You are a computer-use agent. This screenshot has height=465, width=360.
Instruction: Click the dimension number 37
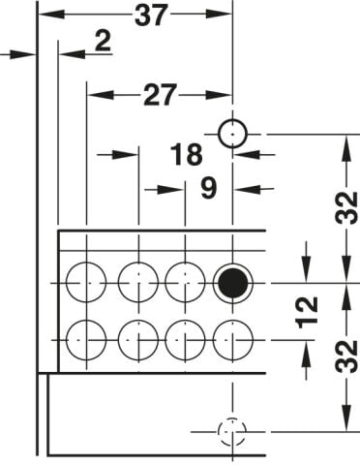(x=151, y=15)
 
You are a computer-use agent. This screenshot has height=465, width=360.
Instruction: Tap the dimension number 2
(x=104, y=41)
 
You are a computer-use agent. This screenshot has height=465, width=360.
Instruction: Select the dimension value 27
(x=160, y=95)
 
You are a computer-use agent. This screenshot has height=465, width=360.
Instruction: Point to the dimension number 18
(x=187, y=155)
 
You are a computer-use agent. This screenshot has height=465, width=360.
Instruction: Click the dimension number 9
(x=209, y=188)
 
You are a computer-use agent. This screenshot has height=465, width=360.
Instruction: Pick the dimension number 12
(x=307, y=312)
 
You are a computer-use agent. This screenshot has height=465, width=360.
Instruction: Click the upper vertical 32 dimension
(x=346, y=207)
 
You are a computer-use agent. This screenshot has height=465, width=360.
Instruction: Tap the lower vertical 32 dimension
(x=346, y=356)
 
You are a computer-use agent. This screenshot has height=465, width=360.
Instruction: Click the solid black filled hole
(x=232, y=283)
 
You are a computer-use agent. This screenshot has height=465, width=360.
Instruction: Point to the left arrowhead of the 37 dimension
(x=51, y=15)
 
